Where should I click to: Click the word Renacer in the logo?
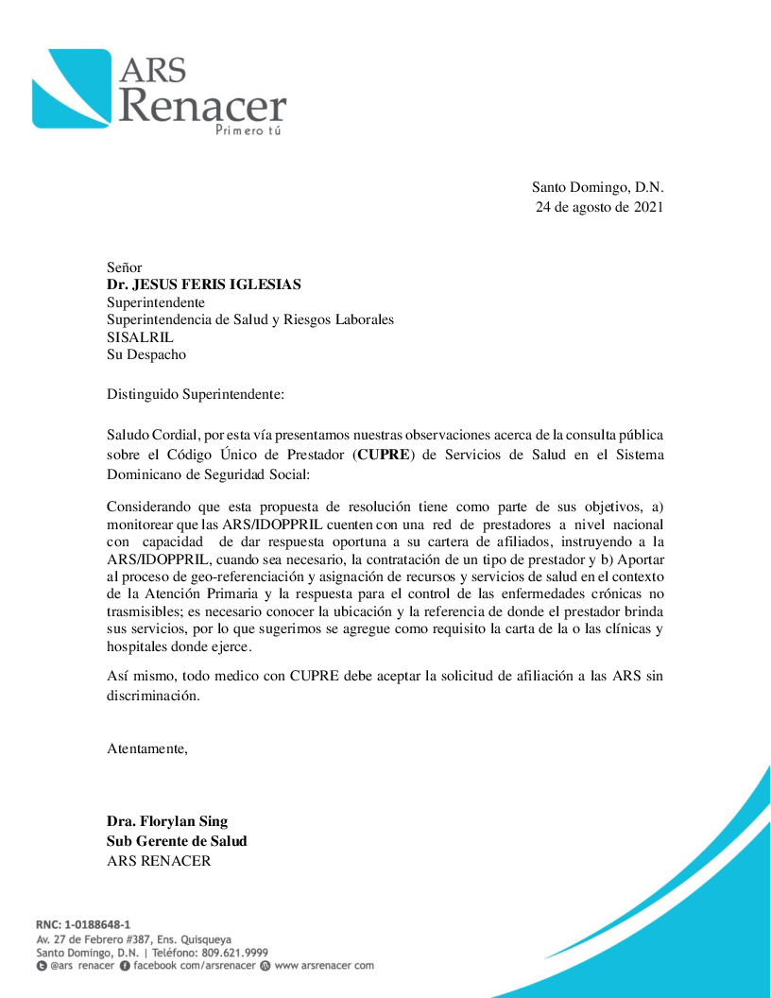click(x=202, y=106)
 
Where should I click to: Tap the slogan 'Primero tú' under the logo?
click(x=248, y=129)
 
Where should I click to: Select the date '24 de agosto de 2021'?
click(x=599, y=207)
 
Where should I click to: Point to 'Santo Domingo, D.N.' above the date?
click(x=597, y=187)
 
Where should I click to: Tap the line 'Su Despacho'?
click(x=146, y=355)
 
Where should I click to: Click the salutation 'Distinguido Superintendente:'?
click(x=195, y=393)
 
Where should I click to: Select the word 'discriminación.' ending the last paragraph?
click(x=154, y=696)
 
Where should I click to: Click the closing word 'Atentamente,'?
click(x=147, y=749)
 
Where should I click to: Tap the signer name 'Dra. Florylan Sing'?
click(x=167, y=821)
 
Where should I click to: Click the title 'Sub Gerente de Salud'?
click(x=177, y=841)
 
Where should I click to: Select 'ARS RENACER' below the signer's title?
click(x=159, y=861)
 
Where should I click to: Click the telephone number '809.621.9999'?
click(x=229, y=953)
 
